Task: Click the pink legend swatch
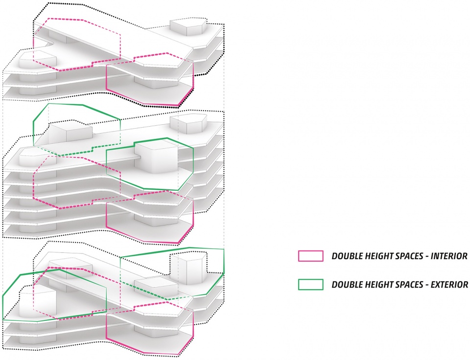pos(311,256)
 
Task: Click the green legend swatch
pos(311,284)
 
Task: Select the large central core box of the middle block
pos(156,157)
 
